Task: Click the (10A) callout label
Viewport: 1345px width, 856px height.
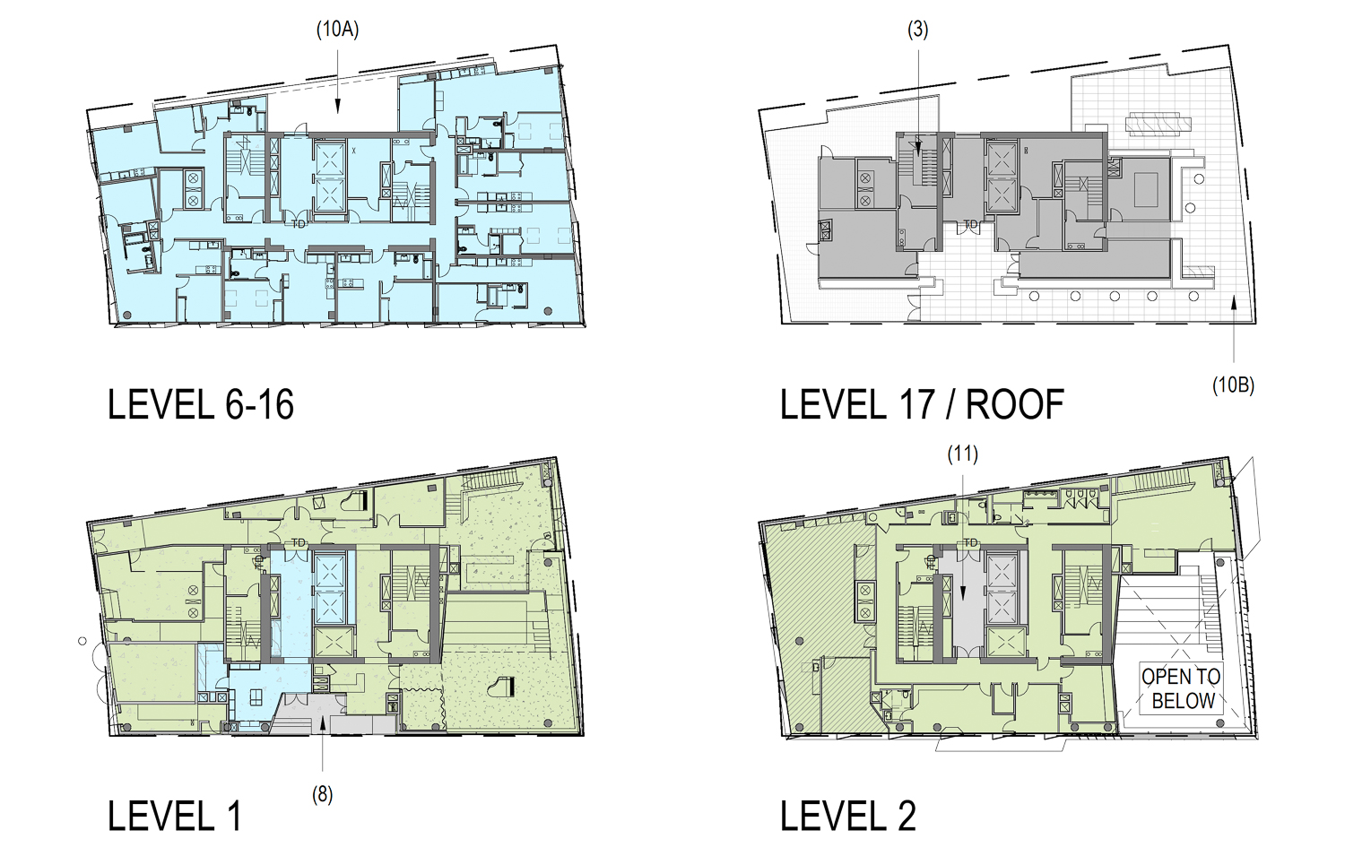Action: tap(337, 30)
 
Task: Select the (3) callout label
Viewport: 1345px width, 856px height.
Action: tap(917, 30)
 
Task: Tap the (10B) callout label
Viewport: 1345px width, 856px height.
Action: tap(1233, 385)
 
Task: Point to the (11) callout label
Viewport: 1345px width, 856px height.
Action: tap(963, 454)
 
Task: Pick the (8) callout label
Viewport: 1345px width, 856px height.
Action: tap(322, 794)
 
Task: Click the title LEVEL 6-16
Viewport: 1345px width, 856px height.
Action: tap(201, 405)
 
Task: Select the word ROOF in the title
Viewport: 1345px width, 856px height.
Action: tap(1015, 405)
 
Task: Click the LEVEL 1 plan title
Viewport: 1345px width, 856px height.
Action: tap(174, 817)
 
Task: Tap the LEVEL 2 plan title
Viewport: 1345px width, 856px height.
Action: tap(847, 817)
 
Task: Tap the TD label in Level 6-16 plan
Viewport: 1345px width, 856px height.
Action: tap(299, 223)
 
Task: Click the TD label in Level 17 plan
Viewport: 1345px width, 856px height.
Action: tap(970, 224)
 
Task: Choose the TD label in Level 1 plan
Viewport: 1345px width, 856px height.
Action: tap(299, 543)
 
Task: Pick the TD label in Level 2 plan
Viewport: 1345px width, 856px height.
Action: tap(970, 543)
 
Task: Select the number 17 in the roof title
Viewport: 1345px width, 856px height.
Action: tap(917, 405)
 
